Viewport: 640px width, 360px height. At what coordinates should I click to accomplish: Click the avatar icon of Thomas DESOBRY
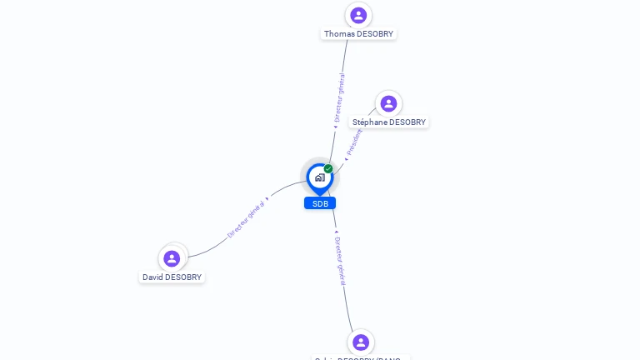[x=358, y=15]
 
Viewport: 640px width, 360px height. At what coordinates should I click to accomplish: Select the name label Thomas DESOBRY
[x=358, y=34]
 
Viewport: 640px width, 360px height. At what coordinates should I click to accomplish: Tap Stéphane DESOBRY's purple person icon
[x=388, y=103]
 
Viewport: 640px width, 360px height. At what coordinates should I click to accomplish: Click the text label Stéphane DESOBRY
[x=388, y=122]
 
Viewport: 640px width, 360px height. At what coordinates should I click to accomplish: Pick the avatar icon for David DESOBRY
[x=172, y=258]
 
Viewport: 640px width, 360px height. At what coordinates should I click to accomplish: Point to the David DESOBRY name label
[x=172, y=277]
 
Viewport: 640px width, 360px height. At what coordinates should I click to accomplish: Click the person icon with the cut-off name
[x=361, y=342]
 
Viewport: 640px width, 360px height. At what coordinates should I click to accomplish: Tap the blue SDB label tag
[x=320, y=203]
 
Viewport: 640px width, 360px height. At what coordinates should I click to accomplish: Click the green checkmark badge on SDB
[x=328, y=169]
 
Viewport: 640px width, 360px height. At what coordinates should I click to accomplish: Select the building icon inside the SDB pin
[x=319, y=177]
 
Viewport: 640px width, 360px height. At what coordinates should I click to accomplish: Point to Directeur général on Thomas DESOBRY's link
[x=339, y=97]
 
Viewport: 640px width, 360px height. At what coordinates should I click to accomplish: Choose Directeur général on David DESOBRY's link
[x=246, y=220]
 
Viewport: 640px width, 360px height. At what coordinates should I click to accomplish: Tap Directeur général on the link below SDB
[x=340, y=261]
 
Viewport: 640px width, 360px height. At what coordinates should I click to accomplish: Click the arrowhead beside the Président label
[x=346, y=158]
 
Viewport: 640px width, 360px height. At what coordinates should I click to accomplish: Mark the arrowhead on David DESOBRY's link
[x=267, y=199]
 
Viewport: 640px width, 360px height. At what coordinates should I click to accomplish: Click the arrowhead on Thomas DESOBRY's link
[x=335, y=127]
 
